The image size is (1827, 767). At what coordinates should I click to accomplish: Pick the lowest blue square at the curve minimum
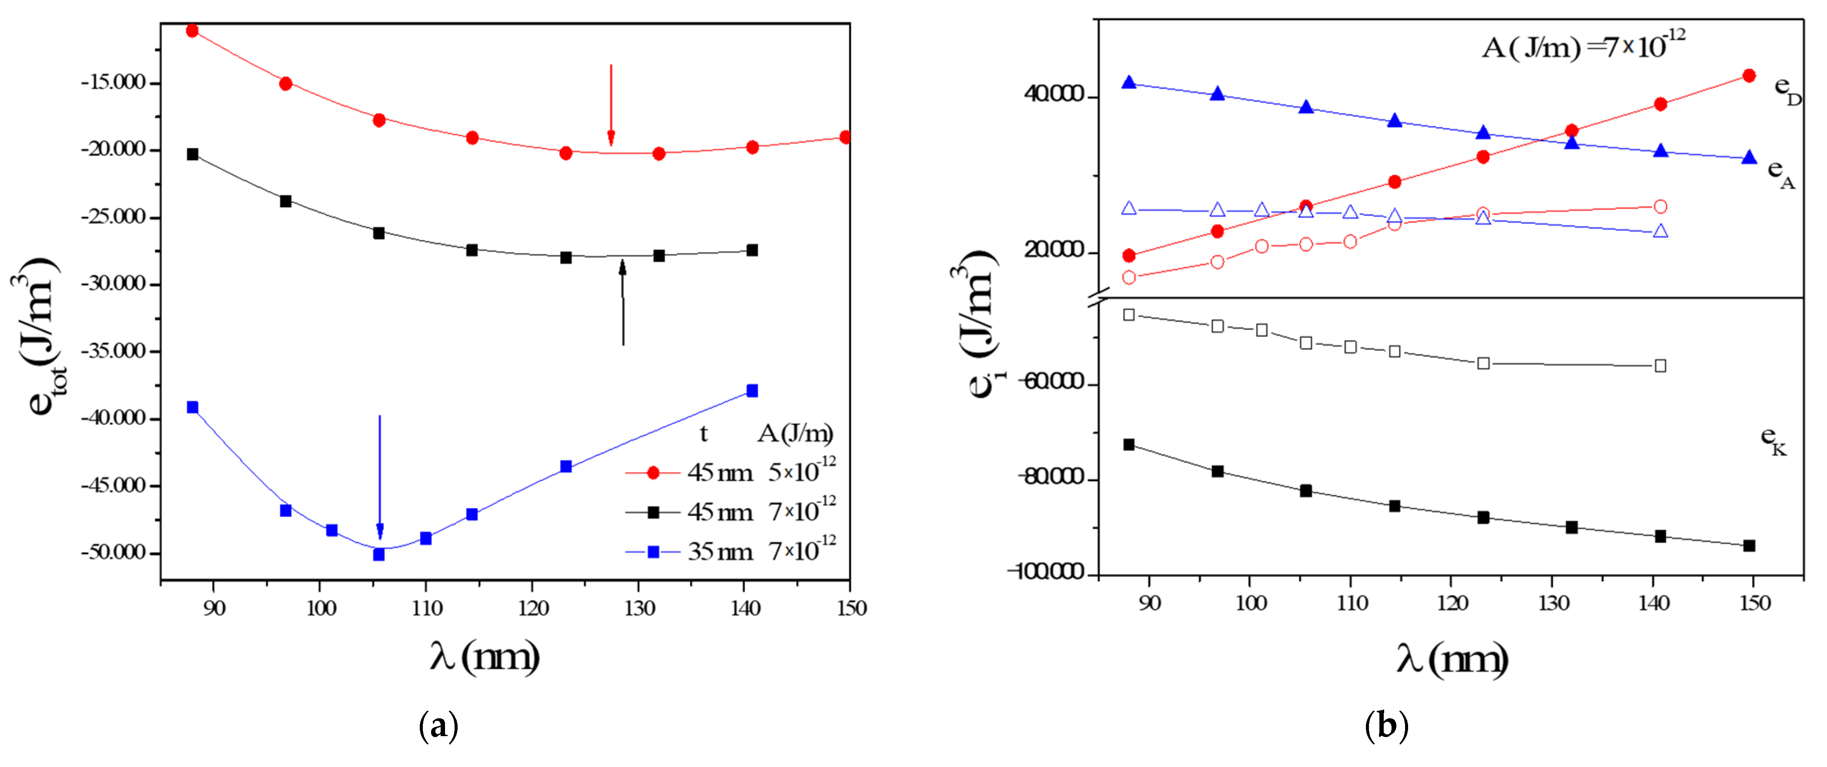coord(379,554)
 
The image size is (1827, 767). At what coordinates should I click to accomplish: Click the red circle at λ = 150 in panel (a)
coord(845,137)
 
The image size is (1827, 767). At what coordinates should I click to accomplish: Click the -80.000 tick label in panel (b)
coord(1051,477)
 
